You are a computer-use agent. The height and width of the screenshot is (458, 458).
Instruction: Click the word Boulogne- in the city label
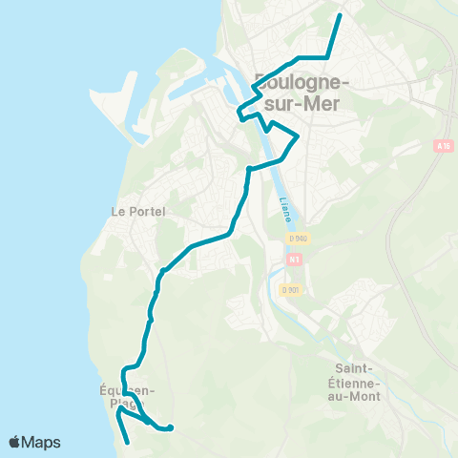coord(302,81)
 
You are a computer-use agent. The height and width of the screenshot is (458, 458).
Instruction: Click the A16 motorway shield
coord(441,146)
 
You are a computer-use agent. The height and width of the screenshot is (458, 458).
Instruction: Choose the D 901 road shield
coord(291,289)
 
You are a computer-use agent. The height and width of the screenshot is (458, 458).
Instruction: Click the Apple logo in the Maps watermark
coord(15,442)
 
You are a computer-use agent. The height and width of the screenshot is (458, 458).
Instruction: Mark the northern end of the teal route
coord(341,16)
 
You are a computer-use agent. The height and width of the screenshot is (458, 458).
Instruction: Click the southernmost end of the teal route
coord(128,443)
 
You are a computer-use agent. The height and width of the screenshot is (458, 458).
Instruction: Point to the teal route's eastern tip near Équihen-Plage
coord(171,427)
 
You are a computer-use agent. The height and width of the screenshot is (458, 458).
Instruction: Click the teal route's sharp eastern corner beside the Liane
coord(299,136)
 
